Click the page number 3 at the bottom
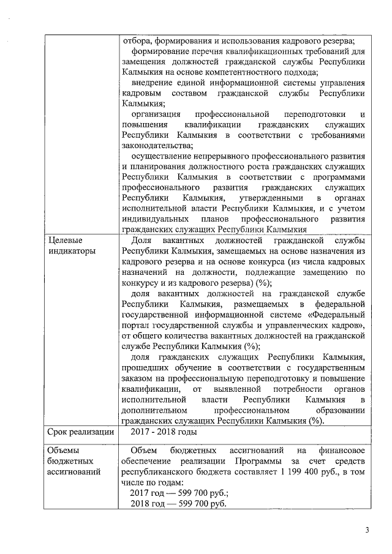tap(367, 530)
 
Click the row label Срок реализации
tap(80, 432)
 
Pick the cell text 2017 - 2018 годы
tap(164, 432)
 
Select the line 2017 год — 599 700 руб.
tap(174, 493)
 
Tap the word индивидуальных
tap(153, 219)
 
